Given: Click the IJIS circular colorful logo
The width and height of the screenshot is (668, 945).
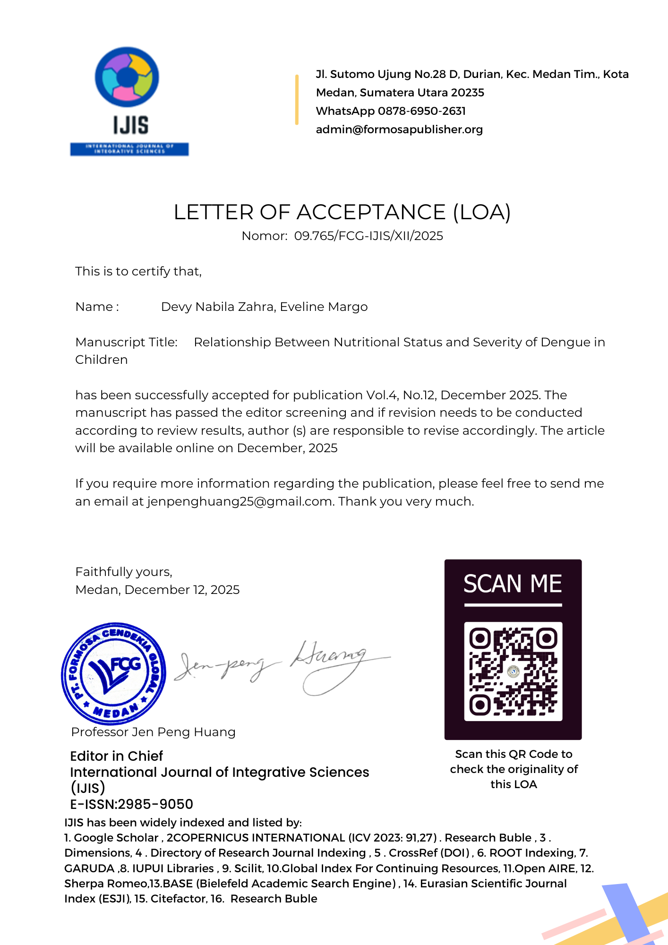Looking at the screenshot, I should tap(127, 77).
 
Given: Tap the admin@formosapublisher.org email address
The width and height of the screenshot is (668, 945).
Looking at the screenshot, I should tap(399, 129).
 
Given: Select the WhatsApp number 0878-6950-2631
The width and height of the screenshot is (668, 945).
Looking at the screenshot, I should tap(421, 111).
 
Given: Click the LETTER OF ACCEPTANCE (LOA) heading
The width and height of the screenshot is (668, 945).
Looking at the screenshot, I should tap(342, 212).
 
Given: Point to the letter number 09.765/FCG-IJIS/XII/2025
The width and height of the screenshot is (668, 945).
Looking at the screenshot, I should tap(368, 236).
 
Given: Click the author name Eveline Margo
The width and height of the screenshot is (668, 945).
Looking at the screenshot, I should tap(324, 307).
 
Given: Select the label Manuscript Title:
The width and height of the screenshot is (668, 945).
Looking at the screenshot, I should tap(126, 342).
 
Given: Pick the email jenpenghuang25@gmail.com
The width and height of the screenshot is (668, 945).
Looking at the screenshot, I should tap(240, 501).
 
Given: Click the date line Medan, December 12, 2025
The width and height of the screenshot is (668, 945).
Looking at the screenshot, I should tap(157, 590).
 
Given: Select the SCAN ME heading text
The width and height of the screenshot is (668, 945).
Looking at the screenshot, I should tap(513, 584).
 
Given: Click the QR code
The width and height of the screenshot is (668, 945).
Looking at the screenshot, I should tap(513, 671).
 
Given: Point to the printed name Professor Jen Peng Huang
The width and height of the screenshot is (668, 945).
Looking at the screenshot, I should tap(153, 732).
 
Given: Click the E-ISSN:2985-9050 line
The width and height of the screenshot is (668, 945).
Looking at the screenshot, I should tap(131, 804).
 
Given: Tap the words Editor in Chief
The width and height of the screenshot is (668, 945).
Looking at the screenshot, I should tap(116, 756).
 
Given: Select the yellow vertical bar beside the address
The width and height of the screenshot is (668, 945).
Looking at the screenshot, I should tap(297, 100).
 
